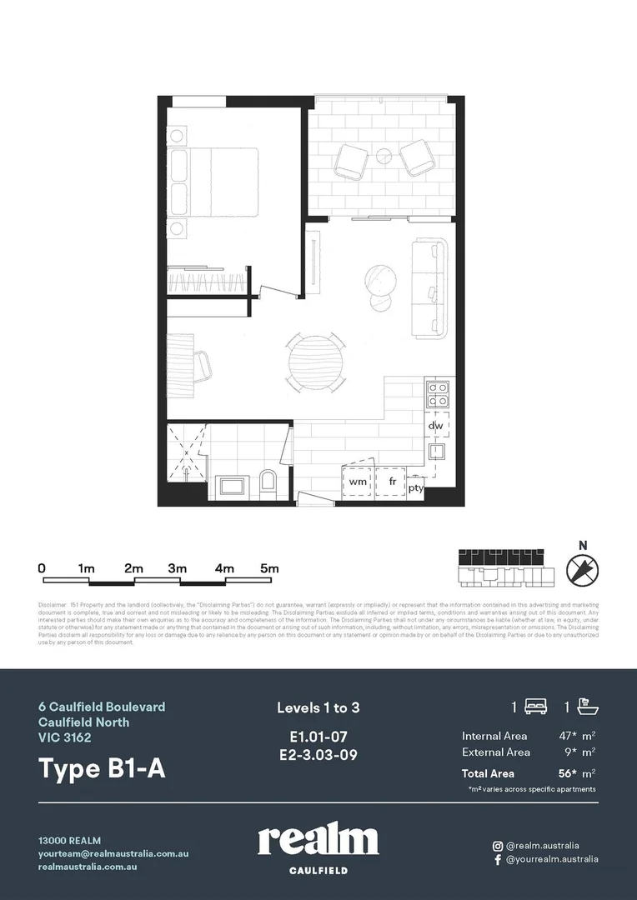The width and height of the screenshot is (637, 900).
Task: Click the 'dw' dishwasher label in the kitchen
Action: click(x=435, y=426)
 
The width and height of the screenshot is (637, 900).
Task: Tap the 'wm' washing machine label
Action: click(x=358, y=482)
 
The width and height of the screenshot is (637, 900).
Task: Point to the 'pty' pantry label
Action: click(x=415, y=489)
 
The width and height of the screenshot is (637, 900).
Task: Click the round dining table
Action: click(x=316, y=362)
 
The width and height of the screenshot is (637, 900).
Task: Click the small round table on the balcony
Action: click(x=384, y=154)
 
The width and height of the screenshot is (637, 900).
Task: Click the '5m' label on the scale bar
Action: click(x=268, y=567)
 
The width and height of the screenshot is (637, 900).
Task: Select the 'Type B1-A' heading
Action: click(x=102, y=768)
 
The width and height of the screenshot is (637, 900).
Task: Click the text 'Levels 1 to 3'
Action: click(x=318, y=707)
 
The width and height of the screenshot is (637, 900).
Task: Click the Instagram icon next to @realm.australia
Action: click(x=498, y=845)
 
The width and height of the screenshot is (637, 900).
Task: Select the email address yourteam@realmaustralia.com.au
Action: click(x=113, y=853)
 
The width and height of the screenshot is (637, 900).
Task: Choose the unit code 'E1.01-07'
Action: click(x=318, y=737)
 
